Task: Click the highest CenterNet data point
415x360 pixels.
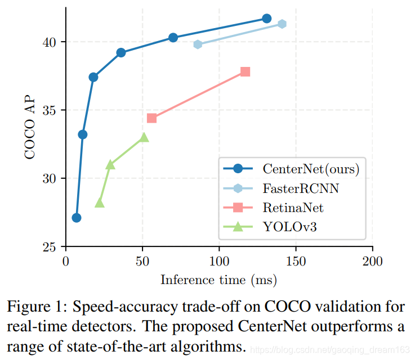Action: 267,19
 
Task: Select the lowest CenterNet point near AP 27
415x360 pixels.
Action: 77,218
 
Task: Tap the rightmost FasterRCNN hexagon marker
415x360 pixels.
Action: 282,24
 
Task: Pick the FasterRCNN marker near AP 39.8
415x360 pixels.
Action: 198,44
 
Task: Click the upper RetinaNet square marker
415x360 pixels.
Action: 245,71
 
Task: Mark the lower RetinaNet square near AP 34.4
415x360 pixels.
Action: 151,118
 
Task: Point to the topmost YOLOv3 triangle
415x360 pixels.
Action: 144,137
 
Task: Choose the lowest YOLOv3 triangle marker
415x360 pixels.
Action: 100,203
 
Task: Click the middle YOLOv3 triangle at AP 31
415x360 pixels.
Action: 110,164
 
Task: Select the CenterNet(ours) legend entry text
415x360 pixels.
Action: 311,168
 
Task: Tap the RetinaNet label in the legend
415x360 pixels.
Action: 293,208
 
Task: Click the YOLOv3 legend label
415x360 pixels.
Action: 289,227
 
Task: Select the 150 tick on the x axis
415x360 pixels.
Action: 296,262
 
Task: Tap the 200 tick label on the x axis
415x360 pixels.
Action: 372,262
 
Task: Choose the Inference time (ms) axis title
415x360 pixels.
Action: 218,280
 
